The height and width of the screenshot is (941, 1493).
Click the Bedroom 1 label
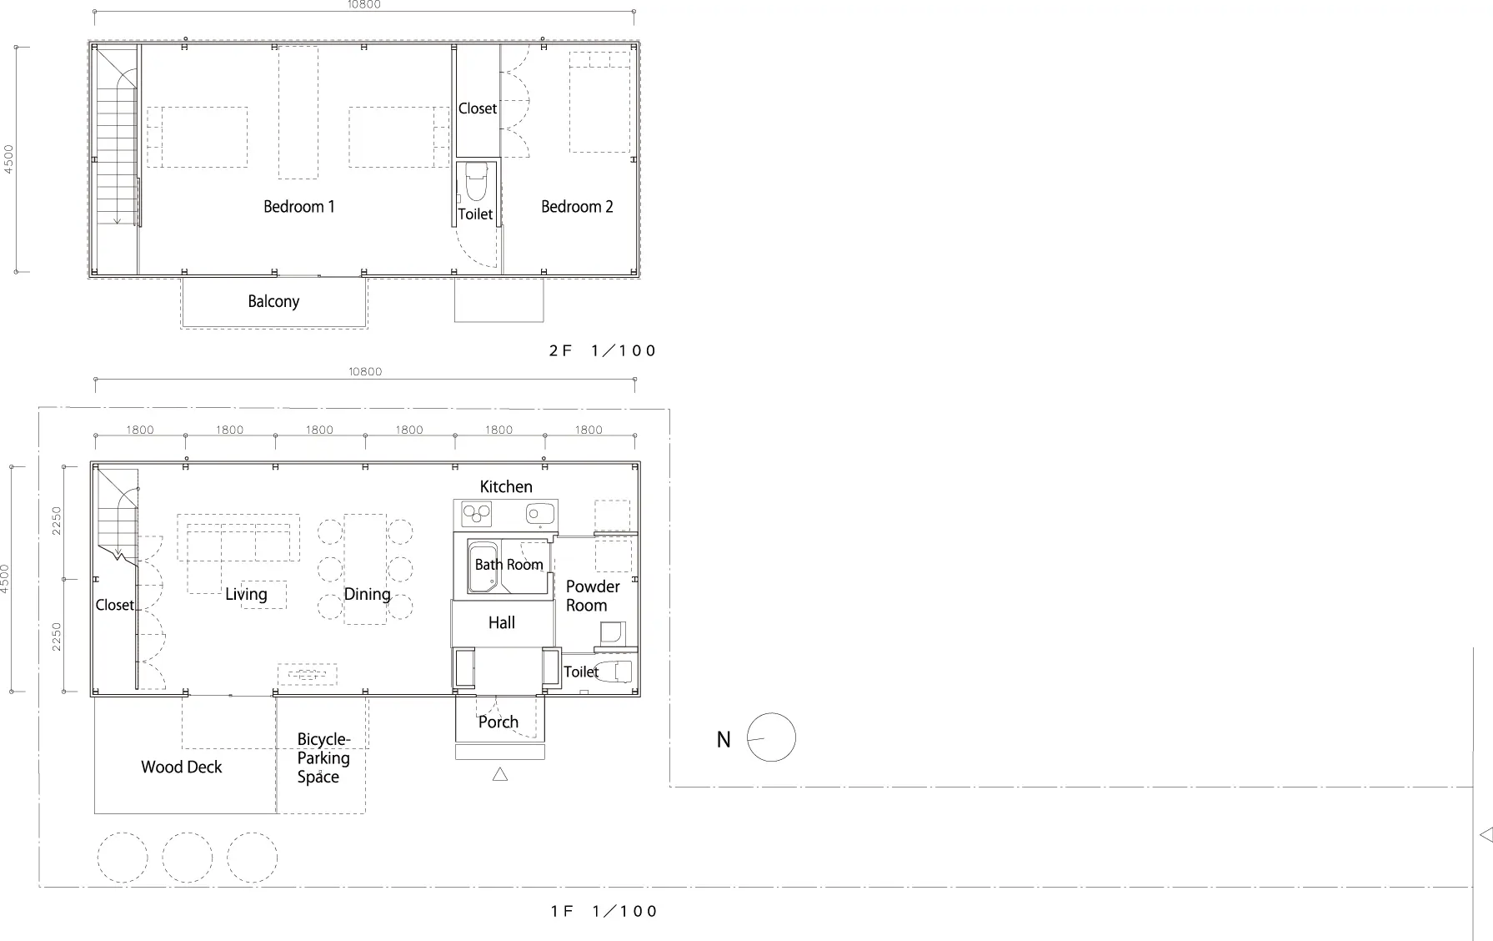(299, 207)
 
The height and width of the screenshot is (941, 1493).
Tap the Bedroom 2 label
(577, 207)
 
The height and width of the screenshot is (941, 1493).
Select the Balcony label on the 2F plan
(273, 302)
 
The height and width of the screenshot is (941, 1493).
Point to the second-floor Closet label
(478, 108)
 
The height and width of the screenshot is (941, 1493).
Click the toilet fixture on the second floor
(476, 182)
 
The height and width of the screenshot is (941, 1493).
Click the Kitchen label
(506, 486)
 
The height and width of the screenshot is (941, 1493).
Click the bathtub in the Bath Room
(483, 566)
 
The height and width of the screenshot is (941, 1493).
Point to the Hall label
(502, 622)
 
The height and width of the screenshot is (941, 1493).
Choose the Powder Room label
(593, 596)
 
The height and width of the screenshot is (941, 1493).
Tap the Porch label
(499, 722)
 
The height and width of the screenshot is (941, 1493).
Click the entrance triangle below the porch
(500, 775)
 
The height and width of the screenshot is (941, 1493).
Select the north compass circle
(771, 737)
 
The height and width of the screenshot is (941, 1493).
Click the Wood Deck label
(182, 767)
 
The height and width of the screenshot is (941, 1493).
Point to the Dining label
(368, 595)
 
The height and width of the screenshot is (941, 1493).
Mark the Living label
(246, 595)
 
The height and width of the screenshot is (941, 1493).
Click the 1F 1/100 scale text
(604, 912)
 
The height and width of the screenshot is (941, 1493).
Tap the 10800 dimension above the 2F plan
(364, 5)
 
